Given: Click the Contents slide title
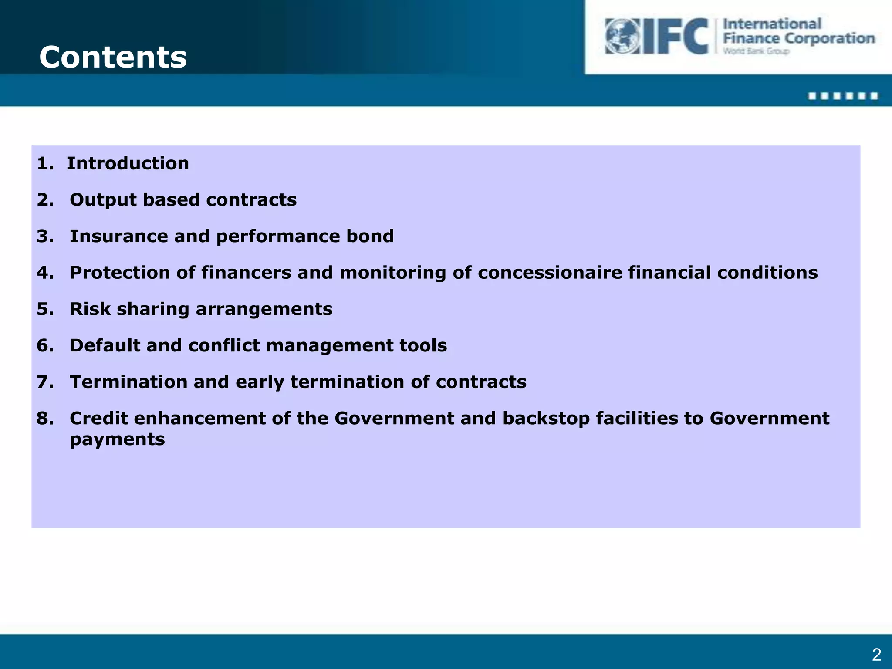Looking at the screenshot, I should tap(113, 57).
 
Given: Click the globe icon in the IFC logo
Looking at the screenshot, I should tap(622, 36).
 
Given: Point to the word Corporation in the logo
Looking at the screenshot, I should tap(829, 38).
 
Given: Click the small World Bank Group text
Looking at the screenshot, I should tap(756, 51).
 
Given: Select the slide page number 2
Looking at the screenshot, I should tap(876, 655).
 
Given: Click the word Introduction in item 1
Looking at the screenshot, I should tap(128, 163).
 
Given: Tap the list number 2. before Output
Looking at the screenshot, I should tap(45, 200).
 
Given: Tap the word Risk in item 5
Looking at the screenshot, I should tap(90, 309).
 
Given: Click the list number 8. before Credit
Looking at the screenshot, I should tap(45, 418).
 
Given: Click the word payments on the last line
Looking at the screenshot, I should tap(117, 439).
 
